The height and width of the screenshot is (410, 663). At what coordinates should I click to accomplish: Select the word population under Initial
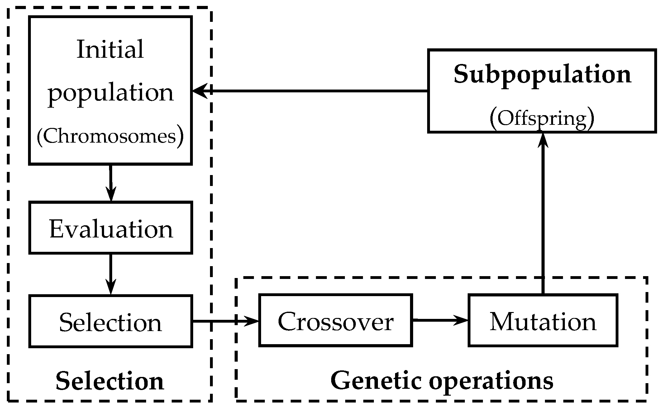(x=111, y=93)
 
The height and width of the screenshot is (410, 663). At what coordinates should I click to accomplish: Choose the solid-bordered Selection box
(x=111, y=321)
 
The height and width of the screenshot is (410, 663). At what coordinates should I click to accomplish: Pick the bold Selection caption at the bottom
(x=110, y=381)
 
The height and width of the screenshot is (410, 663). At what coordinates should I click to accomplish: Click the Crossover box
(x=336, y=321)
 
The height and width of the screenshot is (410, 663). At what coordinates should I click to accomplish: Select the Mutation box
(x=543, y=321)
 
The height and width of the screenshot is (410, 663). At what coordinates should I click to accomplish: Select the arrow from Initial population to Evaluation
(x=111, y=183)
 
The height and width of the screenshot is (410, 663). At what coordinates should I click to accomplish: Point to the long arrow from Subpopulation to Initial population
(x=312, y=91)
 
